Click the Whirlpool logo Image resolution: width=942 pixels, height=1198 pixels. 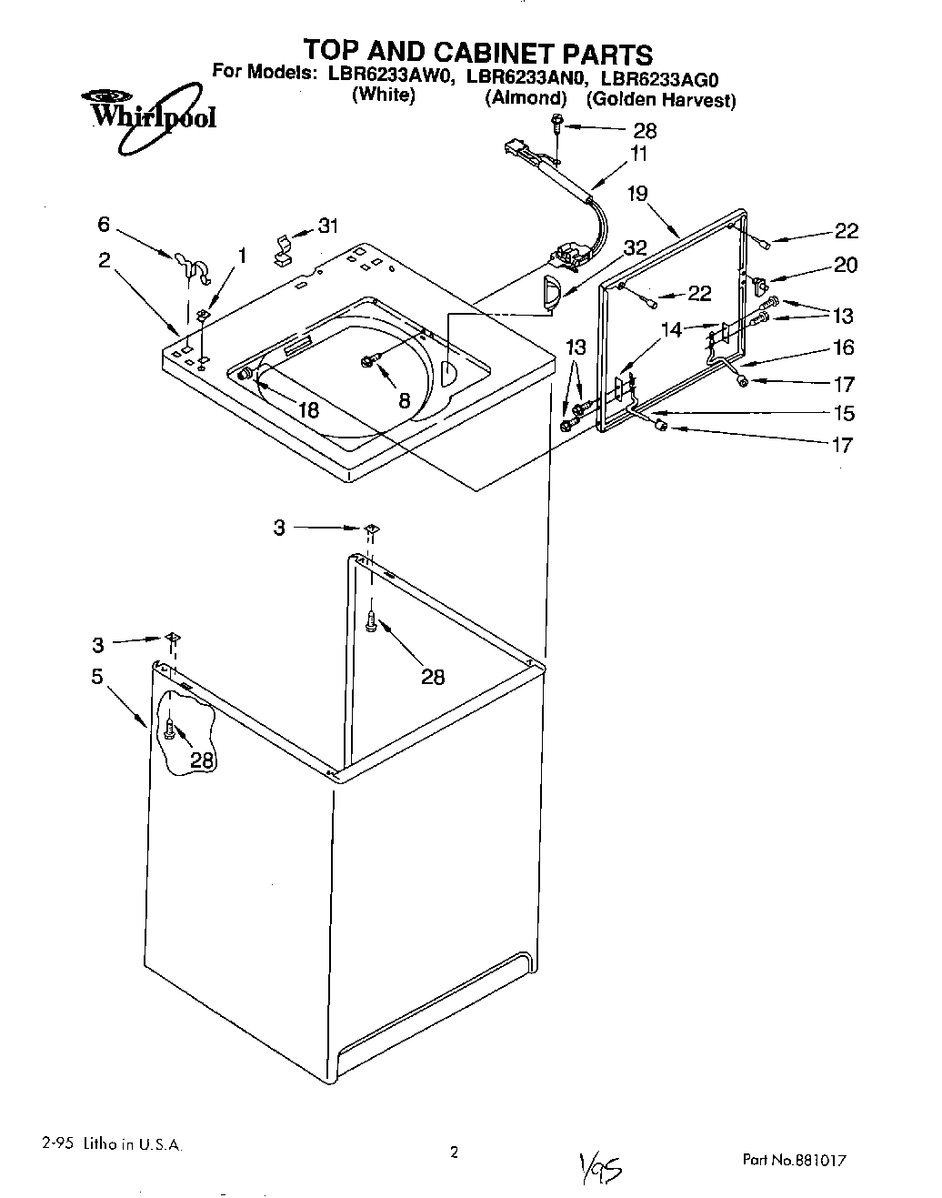tap(150, 114)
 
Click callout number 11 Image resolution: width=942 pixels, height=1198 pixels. tap(639, 154)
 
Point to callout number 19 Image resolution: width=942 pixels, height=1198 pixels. tap(637, 193)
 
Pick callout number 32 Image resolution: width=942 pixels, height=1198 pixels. tap(635, 247)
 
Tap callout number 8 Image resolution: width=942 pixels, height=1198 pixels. tap(404, 398)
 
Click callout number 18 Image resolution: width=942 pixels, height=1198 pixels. tap(308, 409)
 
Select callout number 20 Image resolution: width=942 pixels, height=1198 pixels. tap(845, 265)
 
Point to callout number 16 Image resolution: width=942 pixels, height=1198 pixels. tap(843, 347)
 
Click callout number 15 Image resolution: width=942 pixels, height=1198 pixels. tap(843, 413)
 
